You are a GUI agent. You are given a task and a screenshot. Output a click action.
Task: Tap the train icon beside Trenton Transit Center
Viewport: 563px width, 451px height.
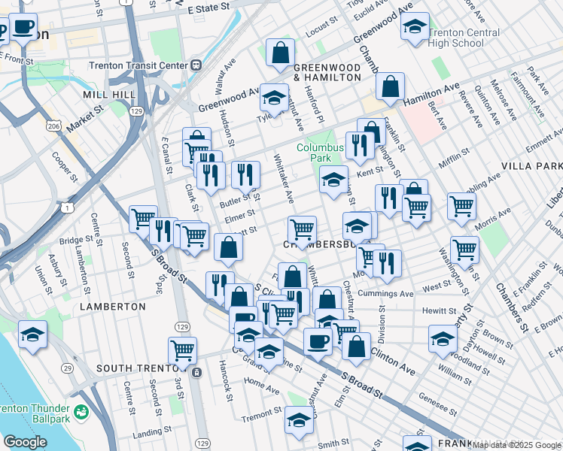click(x=196, y=65)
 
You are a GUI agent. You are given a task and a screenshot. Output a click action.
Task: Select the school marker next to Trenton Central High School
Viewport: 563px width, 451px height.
click(x=414, y=28)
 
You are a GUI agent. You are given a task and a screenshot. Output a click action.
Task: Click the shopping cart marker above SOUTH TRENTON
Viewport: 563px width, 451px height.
click(x=182, y=350)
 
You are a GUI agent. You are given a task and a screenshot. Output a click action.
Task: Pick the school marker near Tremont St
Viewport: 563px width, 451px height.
click(x=299, y=420)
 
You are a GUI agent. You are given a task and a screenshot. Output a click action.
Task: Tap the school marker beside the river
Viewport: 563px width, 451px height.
click(x=32, y=334)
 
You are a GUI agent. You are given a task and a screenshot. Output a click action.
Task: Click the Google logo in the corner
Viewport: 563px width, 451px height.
click(x=25, y=442)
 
